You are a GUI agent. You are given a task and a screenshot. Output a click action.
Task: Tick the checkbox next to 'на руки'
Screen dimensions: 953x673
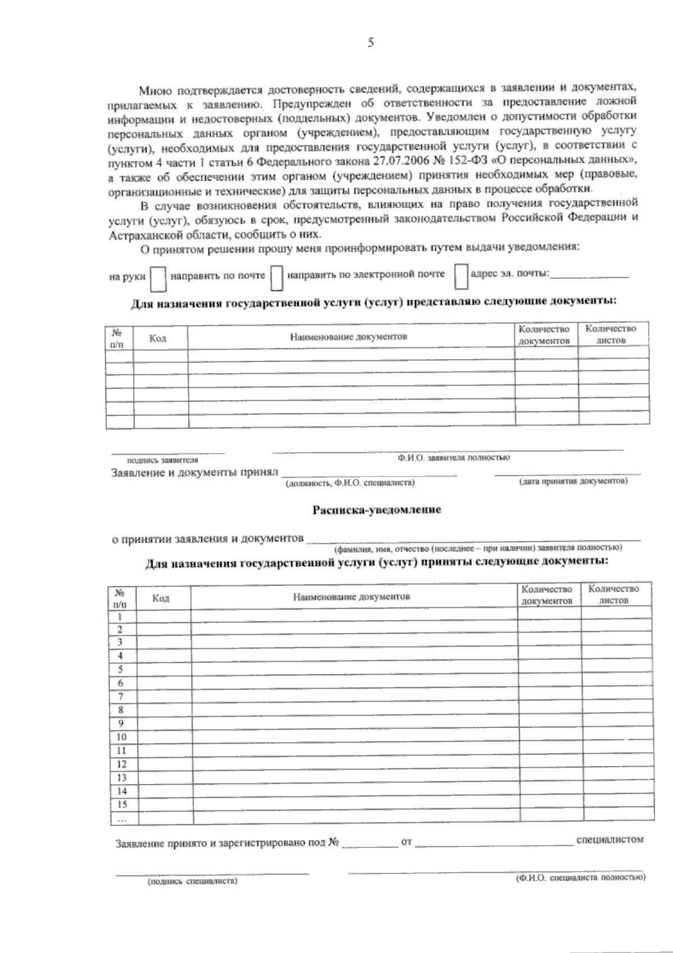pyautogui.click(x=159, y=278)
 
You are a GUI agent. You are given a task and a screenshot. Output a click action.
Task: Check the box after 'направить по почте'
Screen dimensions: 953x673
pyautogui.click(x=276, y=278)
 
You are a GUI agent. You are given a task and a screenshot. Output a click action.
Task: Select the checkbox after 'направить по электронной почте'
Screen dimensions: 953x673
pyautogui.click(x=460, y=276)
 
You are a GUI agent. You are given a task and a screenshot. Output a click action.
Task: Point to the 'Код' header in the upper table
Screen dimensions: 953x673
pyautogui.click(x=158, y=338)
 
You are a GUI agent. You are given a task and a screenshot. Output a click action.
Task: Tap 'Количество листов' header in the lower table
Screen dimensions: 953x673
pyautogui.click(x=614, y=594)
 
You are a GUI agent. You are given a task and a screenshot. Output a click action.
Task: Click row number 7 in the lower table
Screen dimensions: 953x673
pyautogui.click(x=120, y=697)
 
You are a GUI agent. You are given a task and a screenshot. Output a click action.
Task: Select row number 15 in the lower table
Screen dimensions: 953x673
pyautogui.click(x=121, y=804)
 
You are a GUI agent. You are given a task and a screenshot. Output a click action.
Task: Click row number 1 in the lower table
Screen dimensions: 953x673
pyautogui.click(x=119, y=616)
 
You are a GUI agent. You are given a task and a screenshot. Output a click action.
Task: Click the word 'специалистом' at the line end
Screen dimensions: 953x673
pyautogui.click(x=610, y=840)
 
